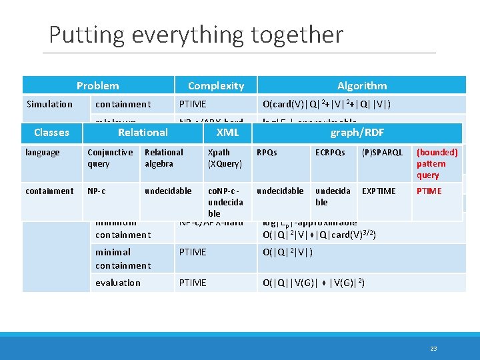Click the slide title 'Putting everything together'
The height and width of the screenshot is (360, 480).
196,34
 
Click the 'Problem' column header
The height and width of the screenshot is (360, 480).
97,85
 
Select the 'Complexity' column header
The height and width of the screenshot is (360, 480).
215,85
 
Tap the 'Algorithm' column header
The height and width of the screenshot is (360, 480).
361,85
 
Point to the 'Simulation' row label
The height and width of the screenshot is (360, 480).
49,104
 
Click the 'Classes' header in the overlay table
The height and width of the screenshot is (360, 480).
51,132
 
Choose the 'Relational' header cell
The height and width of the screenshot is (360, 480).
143,132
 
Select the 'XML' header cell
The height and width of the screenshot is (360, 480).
228,132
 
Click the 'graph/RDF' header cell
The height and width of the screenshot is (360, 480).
357,132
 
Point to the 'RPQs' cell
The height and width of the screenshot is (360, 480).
267,153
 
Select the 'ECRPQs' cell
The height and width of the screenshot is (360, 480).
330,153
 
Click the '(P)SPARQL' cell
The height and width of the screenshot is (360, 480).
382,153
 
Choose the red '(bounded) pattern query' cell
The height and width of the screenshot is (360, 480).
437,163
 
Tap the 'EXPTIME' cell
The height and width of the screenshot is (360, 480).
378,191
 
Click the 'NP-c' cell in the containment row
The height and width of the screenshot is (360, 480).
97,191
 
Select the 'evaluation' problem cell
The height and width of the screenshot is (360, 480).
118,283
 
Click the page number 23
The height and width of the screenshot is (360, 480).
433,348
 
